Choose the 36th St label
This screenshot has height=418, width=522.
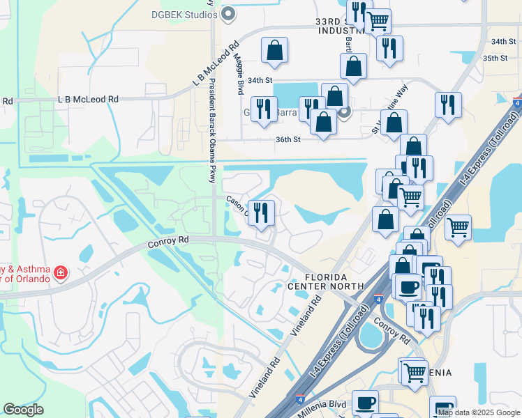[288, 139]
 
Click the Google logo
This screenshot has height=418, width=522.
[23, 410]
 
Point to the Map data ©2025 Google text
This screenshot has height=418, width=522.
[479, 412]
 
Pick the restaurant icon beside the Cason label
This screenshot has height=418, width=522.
[262, 212]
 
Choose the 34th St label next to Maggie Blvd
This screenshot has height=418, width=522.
[258, 81]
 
